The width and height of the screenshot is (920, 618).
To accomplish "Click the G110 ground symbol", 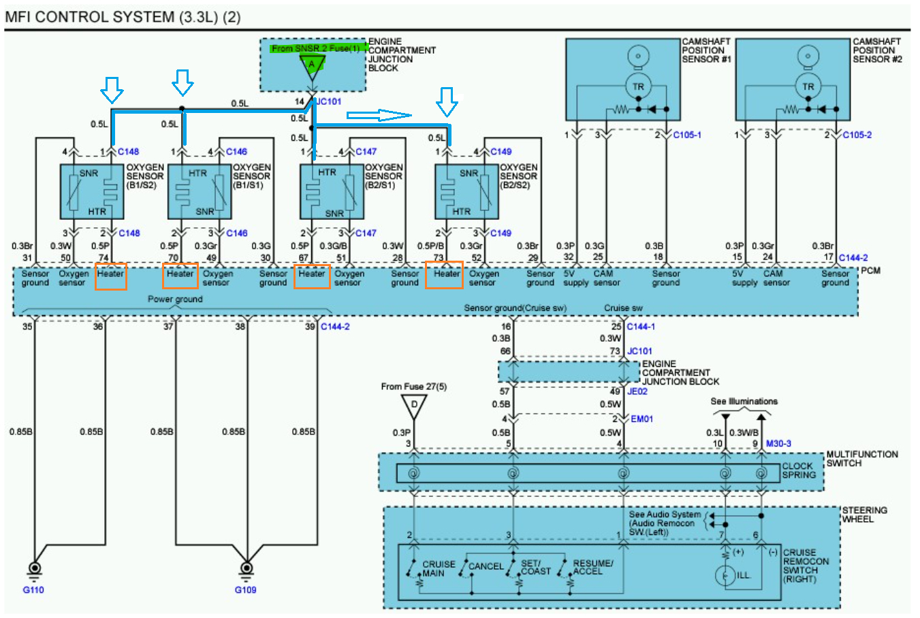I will tap(33, 568).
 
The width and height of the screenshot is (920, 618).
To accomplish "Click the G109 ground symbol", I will tap(247, 568).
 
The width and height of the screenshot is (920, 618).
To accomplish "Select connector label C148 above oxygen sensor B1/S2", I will tap(128, 152).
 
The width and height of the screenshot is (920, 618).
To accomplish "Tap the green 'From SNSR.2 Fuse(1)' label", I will tap(315, 48).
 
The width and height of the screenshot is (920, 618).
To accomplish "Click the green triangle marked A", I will tap(312, 65).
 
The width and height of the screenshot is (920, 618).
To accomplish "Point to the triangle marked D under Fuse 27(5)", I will tap(413, 407).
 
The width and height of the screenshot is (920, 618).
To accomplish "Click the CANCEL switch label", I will tap(486, 566).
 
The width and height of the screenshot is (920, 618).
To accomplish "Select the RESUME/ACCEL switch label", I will tap(592, 568).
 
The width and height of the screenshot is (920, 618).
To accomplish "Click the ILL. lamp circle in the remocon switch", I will tap(725, 576).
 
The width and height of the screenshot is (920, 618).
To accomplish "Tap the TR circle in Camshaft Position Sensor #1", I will tap(637, 86).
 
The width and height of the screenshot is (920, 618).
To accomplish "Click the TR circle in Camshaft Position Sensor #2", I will tap(808, 86).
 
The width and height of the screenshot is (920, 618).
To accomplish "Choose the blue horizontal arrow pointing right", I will tap(379, 114).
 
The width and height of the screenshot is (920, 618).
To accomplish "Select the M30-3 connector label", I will tap(778, 444).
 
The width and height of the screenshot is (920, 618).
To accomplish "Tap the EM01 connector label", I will tap(641, 419).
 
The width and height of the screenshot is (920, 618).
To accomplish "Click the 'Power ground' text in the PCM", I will tap(175, 299).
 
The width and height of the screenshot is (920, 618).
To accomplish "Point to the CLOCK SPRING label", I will tap(798, 470).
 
